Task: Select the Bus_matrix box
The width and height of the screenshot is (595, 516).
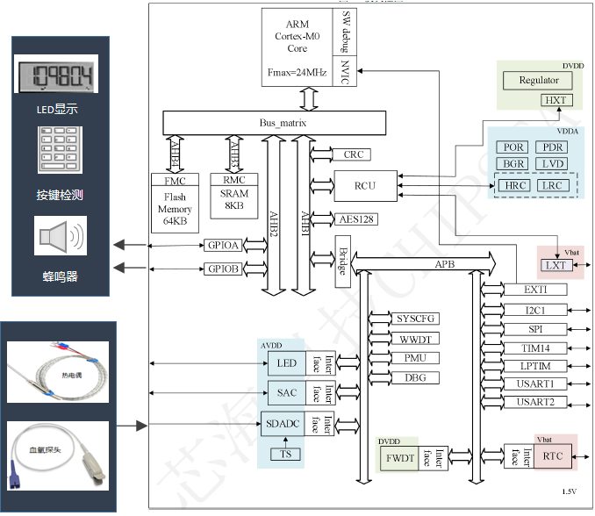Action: pyautogui.click(x=274, y=123)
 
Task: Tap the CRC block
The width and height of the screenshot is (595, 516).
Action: pyautogui.click(x=353, y=154)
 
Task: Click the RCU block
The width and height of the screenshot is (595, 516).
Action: pyautogui.click(x=364, y=184)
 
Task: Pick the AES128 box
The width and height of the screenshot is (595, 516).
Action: pyautogui.click(x=356, y=219)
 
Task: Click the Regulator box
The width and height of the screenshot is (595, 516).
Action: pyautogui.click(x=538, y=81)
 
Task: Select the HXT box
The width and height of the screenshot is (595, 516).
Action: pyautogui.click(x=555, y=100)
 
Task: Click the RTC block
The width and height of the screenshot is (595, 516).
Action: pyautogui.click(x=553, y=455)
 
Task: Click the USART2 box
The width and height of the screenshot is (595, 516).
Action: pyautogui.click(x=535, y=403)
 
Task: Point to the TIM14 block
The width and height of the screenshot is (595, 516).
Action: pyautogui.click(x=535, y=348)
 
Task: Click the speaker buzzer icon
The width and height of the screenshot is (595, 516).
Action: pyautogui.click(x=61, y=237)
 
